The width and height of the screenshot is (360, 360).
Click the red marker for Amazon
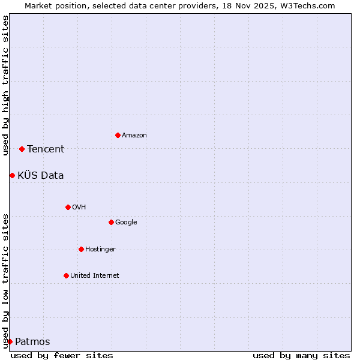point(118,135)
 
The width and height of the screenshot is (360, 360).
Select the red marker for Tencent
point(22,149)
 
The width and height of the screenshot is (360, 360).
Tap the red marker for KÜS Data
point(12,175)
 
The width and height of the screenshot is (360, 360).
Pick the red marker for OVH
point(68,207)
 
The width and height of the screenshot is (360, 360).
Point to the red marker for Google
point(111,222)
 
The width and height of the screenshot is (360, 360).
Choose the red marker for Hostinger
point(81,249)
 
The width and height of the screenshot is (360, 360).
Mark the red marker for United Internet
point(66,275)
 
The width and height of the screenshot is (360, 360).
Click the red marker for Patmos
point(10,341)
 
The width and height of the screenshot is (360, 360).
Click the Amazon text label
point(134,136)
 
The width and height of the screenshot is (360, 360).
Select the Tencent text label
point(46,149)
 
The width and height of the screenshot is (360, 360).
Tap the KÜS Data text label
point(41,176)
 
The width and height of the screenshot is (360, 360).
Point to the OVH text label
point(79,208)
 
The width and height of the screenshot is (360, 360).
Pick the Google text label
point(126,223)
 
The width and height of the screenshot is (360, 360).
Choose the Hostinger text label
point(100,250)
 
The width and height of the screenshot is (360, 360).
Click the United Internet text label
point(95,276)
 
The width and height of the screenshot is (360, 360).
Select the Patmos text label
point(32,342)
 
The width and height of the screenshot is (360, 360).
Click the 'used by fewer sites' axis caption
point(62,355)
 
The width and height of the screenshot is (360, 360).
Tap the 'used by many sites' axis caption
point(301,355)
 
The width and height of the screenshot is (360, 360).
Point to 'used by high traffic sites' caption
point(5,85)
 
